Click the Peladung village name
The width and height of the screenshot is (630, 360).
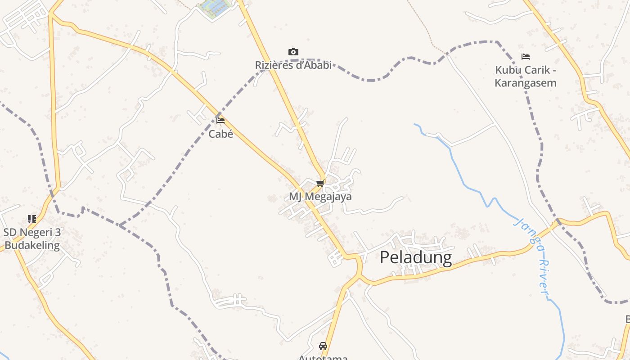coord(416,257)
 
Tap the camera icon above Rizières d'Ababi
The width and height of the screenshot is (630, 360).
coord(293,52)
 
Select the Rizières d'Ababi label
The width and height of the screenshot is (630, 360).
coord(293,65)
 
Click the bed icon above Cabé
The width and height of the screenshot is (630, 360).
coord(220,121)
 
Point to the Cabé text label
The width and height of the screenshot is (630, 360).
coord(220,134)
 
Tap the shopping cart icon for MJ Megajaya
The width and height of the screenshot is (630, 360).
coord(320,183)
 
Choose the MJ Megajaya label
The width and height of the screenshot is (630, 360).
coord(320,197)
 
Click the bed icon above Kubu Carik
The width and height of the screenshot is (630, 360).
coord(525,57)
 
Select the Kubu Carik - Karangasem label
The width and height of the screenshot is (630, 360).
coord(525,76)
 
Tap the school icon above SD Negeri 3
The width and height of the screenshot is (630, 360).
coord(31,219)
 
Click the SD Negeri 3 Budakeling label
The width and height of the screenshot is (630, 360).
coord(31,239)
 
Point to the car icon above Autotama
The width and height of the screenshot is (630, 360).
coord(323,346)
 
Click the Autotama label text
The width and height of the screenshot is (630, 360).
coord(323,357)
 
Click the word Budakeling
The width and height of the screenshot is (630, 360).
coord(31,245)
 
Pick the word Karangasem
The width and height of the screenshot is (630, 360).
coord(525,83)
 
